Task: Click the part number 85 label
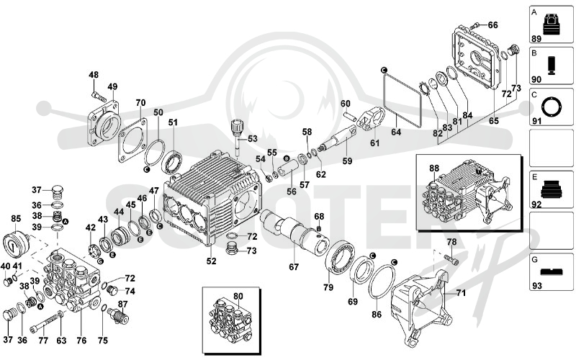point(16,219)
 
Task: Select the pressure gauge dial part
point(16,244)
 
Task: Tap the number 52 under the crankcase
point(211,261)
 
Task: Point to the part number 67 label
point(294,267)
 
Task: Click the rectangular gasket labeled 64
point(402,99)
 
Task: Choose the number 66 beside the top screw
point(492,25)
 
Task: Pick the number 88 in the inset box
point(434,168)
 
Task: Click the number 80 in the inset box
point(238,296)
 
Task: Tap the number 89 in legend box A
point(536,39)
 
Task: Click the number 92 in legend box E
point(536,204)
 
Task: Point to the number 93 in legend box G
point(536,285)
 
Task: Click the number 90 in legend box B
point(536,80)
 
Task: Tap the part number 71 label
point(461,293)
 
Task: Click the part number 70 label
point(140,103)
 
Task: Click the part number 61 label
point(374,143)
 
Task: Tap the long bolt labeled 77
point(46,321)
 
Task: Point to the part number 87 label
point(122,304)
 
